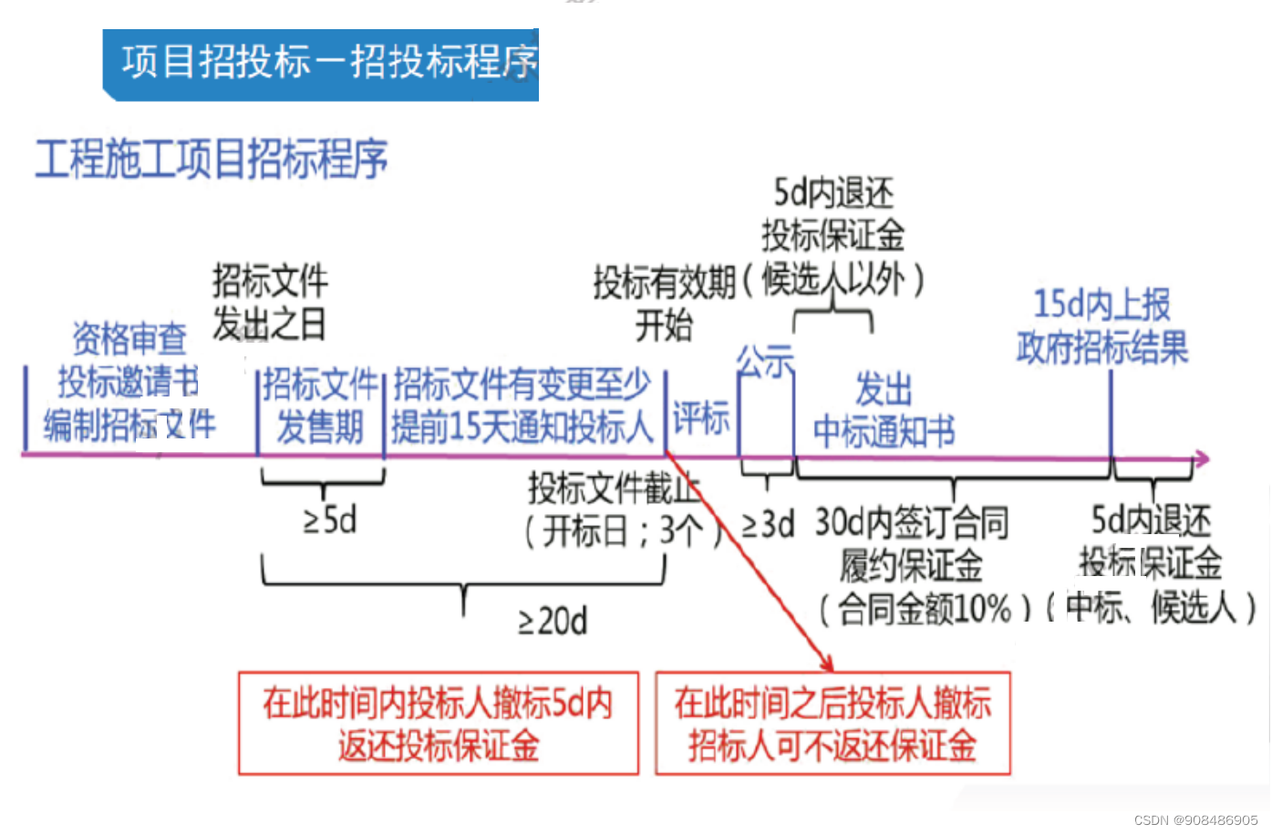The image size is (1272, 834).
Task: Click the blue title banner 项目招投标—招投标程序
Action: coord(321,64)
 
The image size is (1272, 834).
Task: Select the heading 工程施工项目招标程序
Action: coord(212,159)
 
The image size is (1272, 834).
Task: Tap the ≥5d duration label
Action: coord(330,520)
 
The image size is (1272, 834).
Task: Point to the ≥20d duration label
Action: coord(553,622)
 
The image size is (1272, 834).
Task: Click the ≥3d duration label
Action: coord(768,524)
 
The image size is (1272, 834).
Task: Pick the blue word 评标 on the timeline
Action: coord(701,418)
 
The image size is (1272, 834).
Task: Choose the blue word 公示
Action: coord(765,362)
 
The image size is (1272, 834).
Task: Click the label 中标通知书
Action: coord(884,431)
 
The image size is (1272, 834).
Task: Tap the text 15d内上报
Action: coord(1101,304)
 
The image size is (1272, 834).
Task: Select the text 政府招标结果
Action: coord(1102,347)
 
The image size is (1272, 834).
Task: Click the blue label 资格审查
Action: coord(129,339)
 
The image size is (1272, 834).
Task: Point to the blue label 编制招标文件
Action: coord(129,425)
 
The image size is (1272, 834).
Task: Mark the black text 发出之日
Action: coord(269,324)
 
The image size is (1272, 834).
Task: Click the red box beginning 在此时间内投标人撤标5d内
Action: coord(438,724)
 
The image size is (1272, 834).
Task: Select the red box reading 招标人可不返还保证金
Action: coord(832,746)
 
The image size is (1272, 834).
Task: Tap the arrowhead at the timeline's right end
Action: coord(1203,458)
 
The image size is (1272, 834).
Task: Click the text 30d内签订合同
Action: coord(911,522)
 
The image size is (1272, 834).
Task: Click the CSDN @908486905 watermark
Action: coord(1195,820)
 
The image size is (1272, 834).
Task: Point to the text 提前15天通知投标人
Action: coord(522,426)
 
